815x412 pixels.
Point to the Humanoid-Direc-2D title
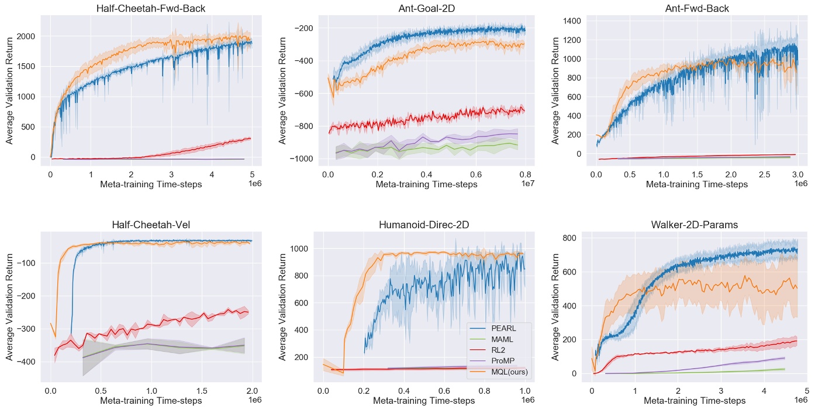(x=424, y=225)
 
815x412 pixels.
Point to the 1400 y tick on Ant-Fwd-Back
(x=569, y=22)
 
